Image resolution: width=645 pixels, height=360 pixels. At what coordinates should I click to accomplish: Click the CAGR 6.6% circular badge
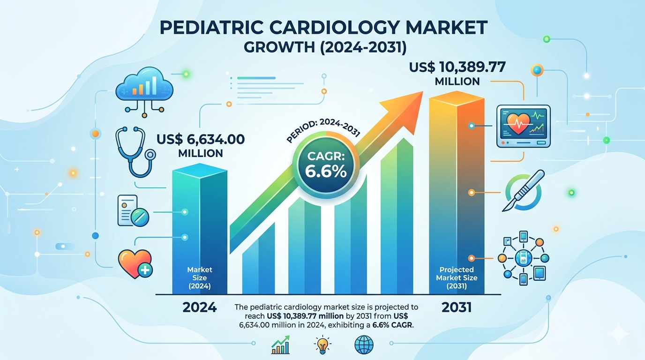click(326, 165)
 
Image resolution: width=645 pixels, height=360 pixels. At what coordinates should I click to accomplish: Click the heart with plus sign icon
click(135, 262)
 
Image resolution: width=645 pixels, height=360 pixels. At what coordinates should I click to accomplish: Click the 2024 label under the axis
click(199, 307)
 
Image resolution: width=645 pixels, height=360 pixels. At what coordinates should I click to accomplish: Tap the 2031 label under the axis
click(457, 307)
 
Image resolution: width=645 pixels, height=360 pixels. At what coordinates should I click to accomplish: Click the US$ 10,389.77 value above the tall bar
click(457, 67)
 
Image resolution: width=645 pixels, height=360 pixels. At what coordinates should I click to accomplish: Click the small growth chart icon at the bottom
click(280, 345)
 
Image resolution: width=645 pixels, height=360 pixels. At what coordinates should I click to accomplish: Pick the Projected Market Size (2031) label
click(457, 277)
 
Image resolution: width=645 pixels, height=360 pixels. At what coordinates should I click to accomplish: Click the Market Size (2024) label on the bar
click(200, 277)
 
